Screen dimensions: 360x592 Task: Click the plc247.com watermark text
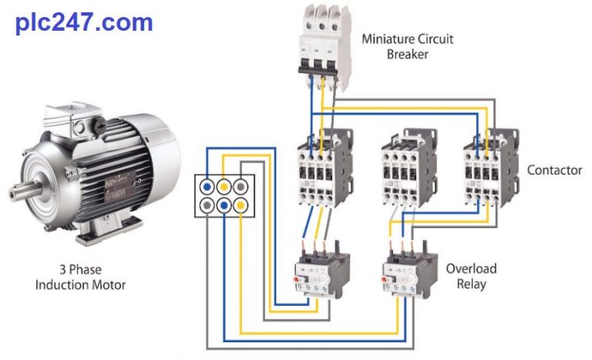(x=84, y=22)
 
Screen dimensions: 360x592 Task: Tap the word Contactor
(x=554, y=170)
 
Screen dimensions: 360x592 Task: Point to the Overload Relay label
(x=471, y=276)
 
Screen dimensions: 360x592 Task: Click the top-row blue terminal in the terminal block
(x=208, y=186)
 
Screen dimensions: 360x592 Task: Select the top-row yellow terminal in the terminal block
(x=224, y=186)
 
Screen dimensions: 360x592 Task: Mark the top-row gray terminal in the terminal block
(x=241, y=186)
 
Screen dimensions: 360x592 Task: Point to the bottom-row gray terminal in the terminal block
(x=208, y=204)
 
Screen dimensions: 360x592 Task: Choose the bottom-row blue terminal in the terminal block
(x=224, y=204)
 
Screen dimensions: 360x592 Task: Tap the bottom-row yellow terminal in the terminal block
(x=241, y=204)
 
